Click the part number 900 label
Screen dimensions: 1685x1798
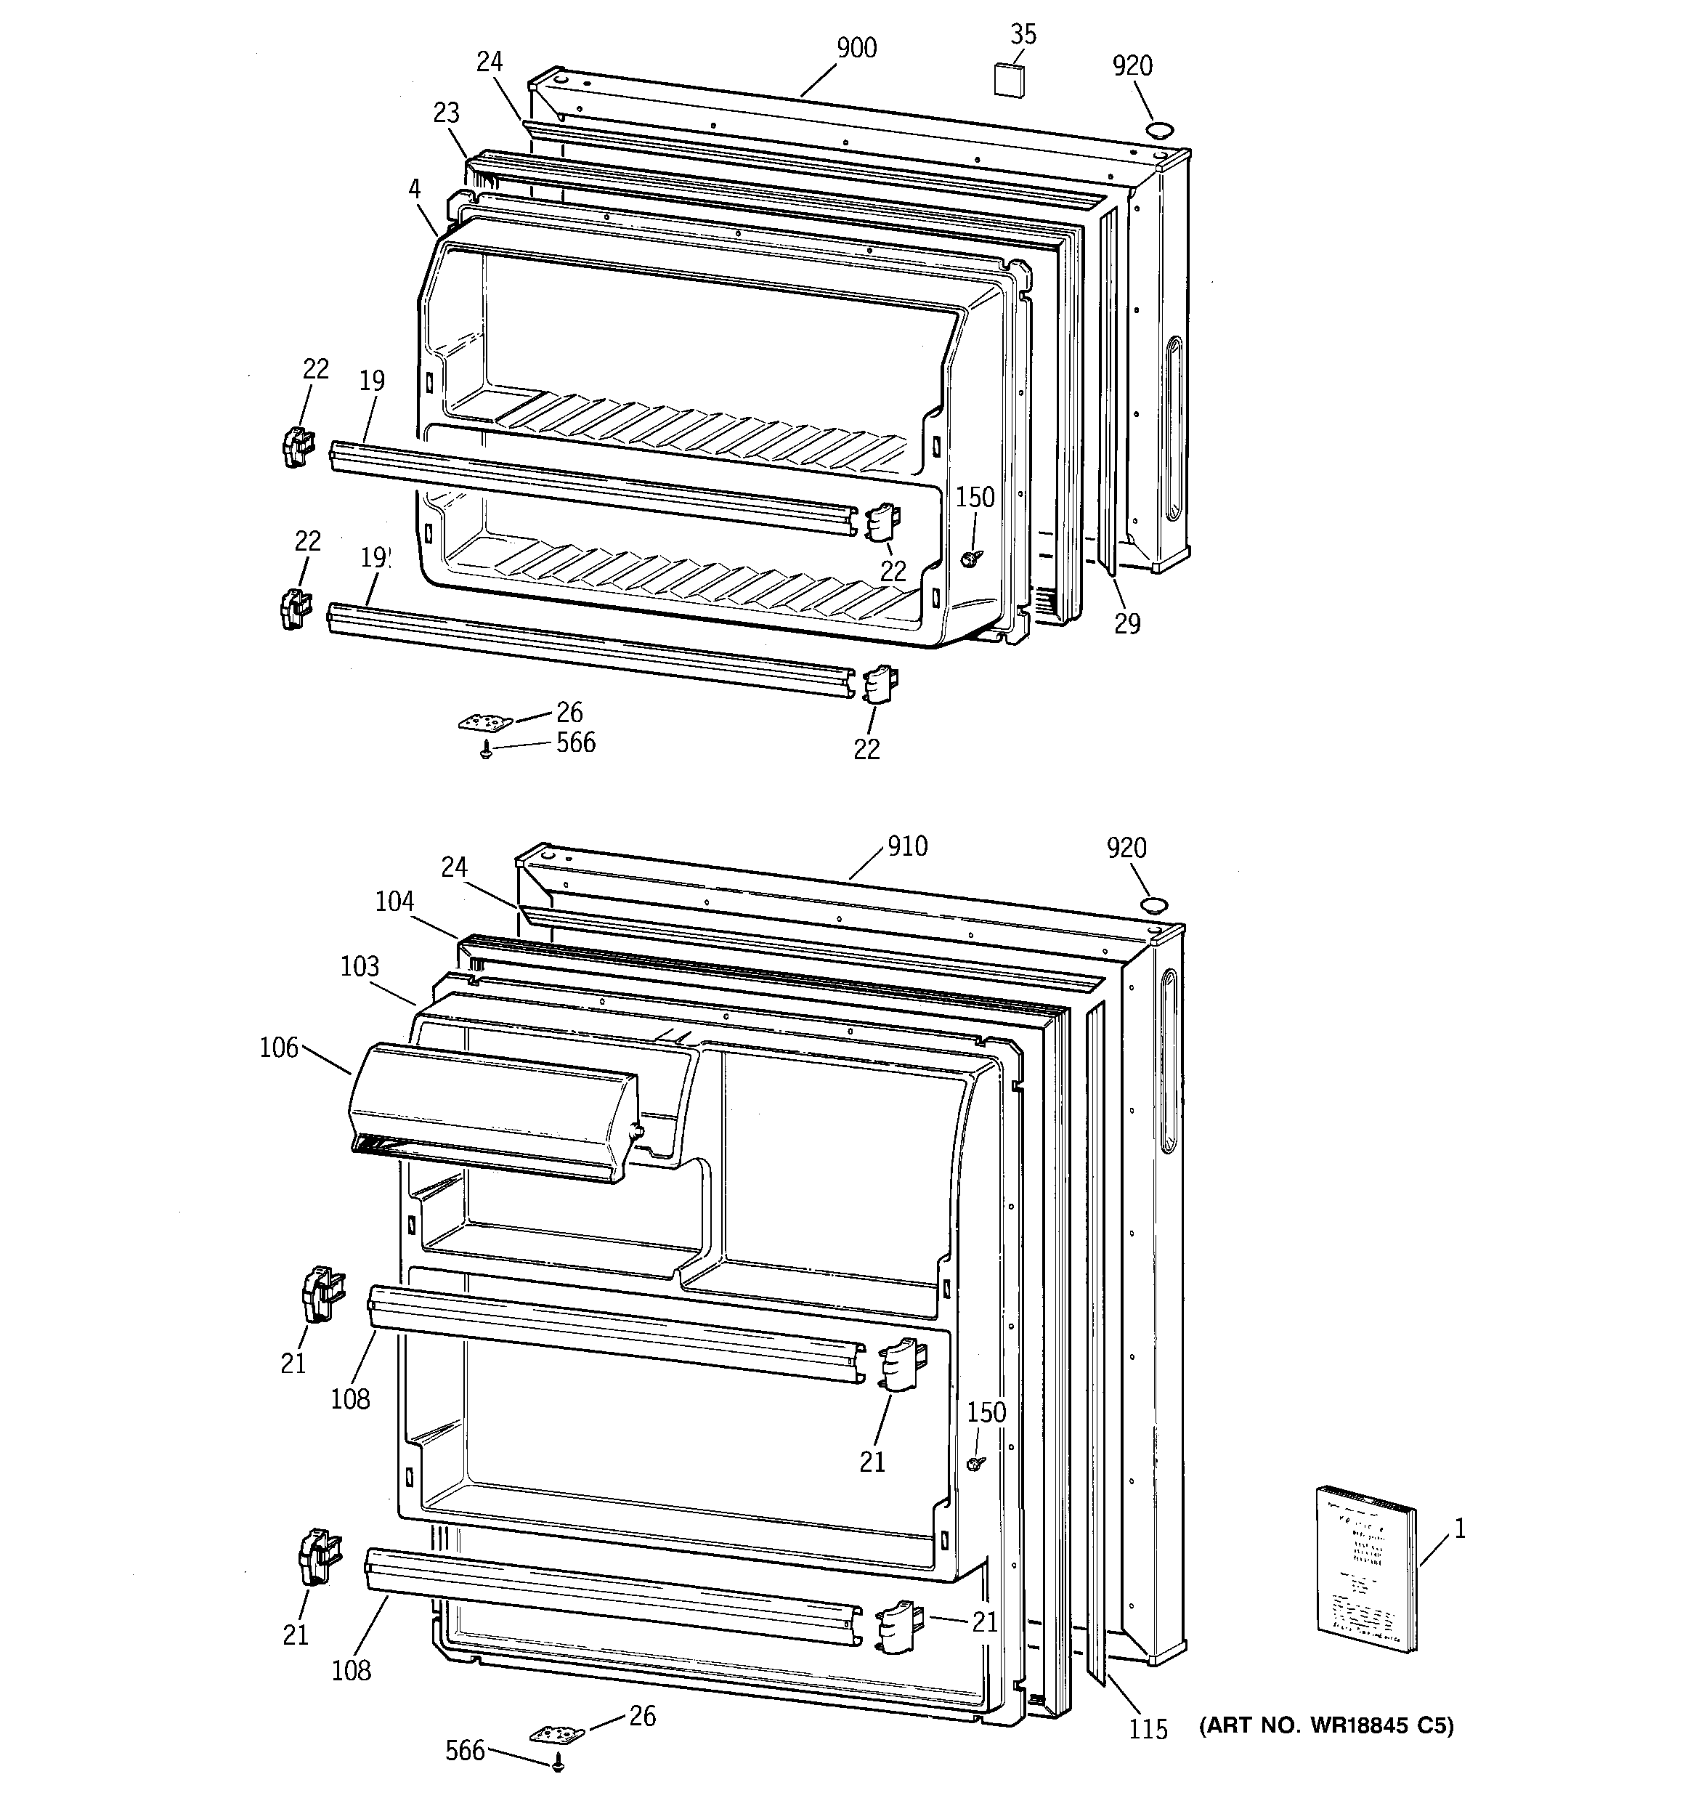(x=856, y=47)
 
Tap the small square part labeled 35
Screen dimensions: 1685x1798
(x=1010, y=80)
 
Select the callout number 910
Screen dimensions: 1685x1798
(x=907, y=846)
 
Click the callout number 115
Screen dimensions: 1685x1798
(x=1148, y=1728)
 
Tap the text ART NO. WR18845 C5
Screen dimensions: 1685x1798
(x=1326, y=1725)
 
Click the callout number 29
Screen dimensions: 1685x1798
(x=1127, y=623)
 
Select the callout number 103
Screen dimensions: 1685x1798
(x=359, y=966)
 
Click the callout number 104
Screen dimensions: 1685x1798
(x=394, y=901)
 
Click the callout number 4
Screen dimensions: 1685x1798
(x=414, y=188)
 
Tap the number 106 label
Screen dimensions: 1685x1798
(x=279, y=1048)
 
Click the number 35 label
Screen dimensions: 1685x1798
(x=1023, y=34)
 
